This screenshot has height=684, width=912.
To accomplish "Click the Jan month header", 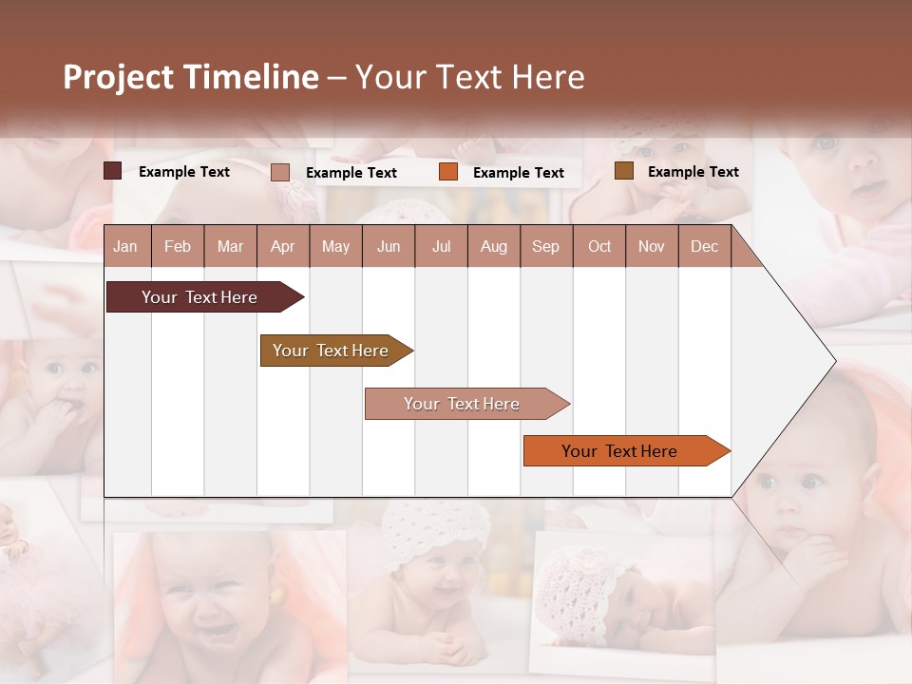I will [x=125, y=246].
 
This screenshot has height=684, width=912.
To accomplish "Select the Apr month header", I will [x=282, y=246].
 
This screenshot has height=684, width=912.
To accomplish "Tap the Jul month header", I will [x=441, y=246].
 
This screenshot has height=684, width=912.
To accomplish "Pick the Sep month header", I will [x=545, y=246].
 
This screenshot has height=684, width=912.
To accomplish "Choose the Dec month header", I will [x=704, y=246].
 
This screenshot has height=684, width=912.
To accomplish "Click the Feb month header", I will [x=178, y=246].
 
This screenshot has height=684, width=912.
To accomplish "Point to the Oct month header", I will [x=599, y=246].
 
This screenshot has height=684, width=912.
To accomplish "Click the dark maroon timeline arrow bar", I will [x=199, y=297].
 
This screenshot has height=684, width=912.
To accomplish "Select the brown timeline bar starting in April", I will [x=331, y=351].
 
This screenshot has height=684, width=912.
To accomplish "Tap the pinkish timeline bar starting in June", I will [x=462, y=404].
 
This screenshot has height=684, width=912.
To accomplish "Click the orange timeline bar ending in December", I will [x=619, y=451].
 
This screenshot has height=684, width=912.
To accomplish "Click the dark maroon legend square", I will [x=113, y=171].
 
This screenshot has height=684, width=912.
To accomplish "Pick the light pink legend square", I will [x=280, y=172].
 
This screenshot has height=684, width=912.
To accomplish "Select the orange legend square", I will [x=448, y=172].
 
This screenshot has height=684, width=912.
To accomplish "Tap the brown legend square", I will [x=623, y=171].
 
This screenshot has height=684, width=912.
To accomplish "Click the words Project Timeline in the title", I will [x=191, y=77].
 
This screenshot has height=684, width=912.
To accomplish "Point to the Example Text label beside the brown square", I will [x=693, y=172].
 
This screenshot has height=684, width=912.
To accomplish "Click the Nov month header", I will [x=652, y=246].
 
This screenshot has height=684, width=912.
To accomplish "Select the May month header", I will [x=335, y=246].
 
